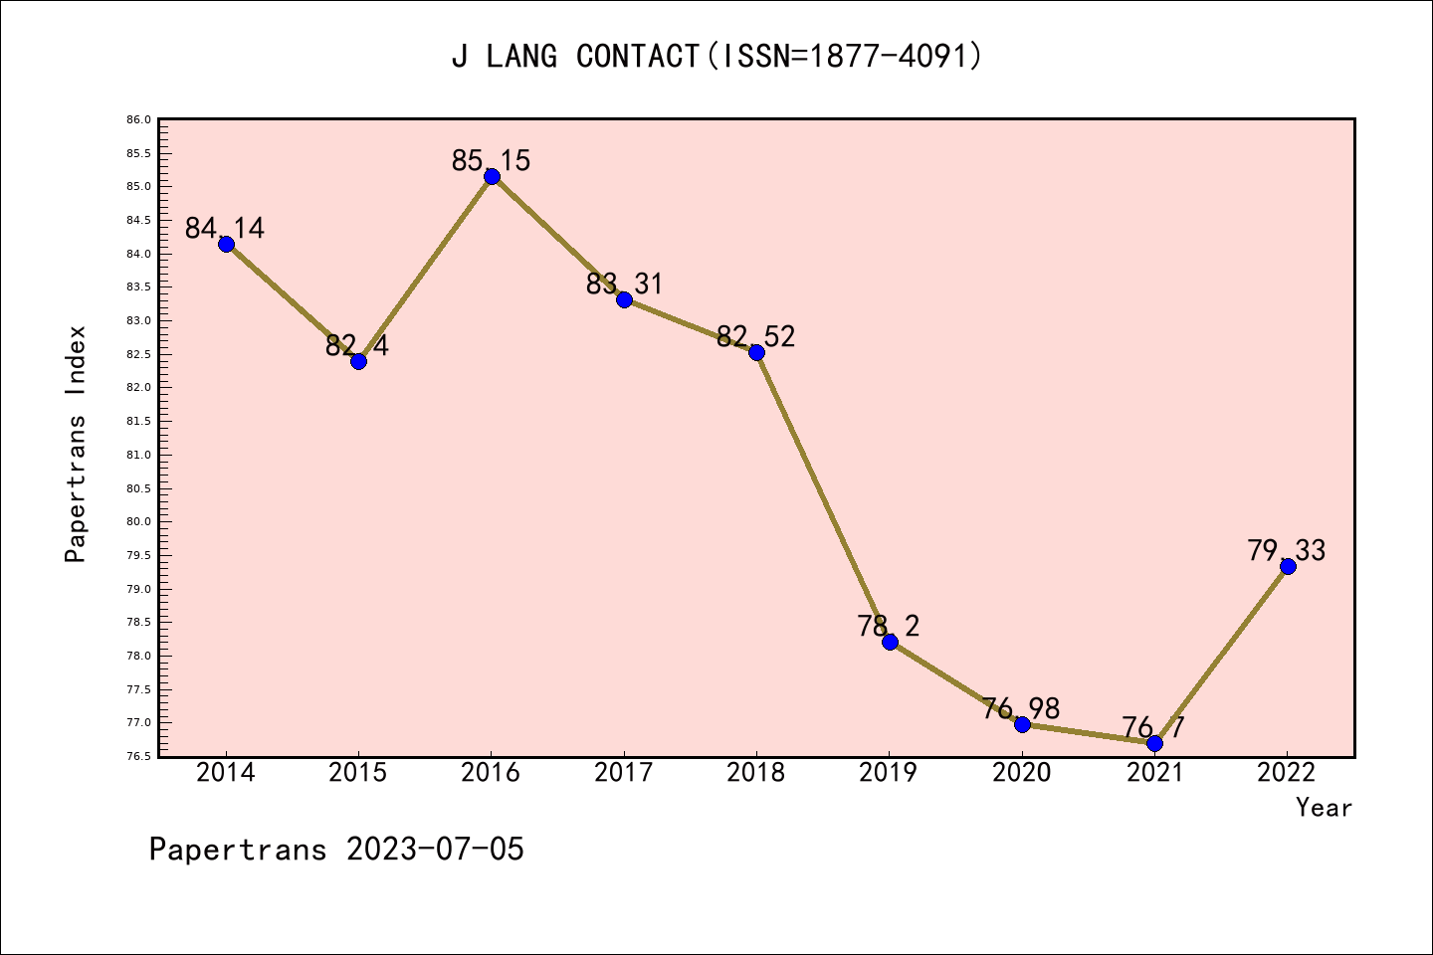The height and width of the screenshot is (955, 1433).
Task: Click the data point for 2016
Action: tap(492, 177)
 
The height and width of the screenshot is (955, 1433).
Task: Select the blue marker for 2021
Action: tap(1154, 743)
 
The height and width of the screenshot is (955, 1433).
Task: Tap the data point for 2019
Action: tap(890, 642)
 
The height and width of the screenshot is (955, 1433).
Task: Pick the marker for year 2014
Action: tap(226, 244)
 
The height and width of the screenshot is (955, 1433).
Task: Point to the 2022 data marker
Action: tap(1288, 566)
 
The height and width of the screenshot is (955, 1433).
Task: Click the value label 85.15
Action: tap(491, 160)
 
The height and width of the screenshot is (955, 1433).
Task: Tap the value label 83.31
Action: tap(624, 285)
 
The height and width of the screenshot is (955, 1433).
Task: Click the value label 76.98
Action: tap(1021, 708)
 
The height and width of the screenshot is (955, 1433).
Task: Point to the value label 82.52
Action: tap(756, 336)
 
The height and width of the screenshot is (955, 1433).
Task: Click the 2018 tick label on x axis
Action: tap(756, 773)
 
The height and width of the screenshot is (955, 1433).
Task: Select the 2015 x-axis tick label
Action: tap(358, 773)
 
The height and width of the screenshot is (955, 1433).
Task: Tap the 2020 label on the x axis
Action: tap(1022, 773)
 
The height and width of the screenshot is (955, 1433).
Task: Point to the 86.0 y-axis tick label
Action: tap(138, 119)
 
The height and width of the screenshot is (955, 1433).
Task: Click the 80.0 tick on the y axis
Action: tap(138, 522)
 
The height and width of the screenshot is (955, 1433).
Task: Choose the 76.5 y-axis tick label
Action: tap(138, 757)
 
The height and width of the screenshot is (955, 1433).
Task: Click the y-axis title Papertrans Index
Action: tap(76, 444)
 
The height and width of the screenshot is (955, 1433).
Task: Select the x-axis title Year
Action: tap(1324, 808)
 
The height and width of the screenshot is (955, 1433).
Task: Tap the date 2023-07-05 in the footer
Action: tap(435, 850)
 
